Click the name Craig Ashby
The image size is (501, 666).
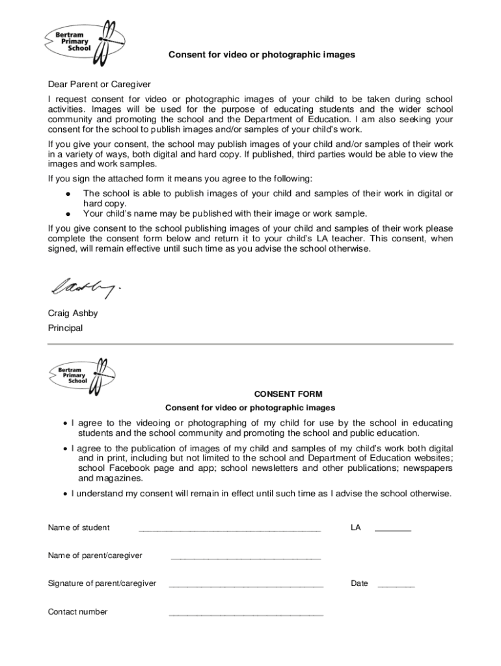tap(73, 313)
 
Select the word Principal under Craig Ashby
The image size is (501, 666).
tap(65, 328)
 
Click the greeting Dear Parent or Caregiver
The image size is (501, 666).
tap(100, 85)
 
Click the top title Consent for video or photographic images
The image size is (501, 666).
tap(262, 55)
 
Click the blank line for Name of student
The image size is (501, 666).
tap(230, 530)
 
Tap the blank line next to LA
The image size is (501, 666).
tap(393, 531)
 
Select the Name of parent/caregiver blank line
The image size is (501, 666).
tap(245, 558)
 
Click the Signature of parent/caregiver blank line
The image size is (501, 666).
tap(246, 586)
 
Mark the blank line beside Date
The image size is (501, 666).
tap(396, 586)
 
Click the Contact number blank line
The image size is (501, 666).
tap(246, 614)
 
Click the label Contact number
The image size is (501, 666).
tap(77, 611)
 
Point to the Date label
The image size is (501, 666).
tap(359, 583)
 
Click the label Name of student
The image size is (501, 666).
tap(79, 527)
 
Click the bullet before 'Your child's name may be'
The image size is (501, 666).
tap(68, 214)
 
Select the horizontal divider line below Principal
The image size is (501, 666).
tap(251, 343)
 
